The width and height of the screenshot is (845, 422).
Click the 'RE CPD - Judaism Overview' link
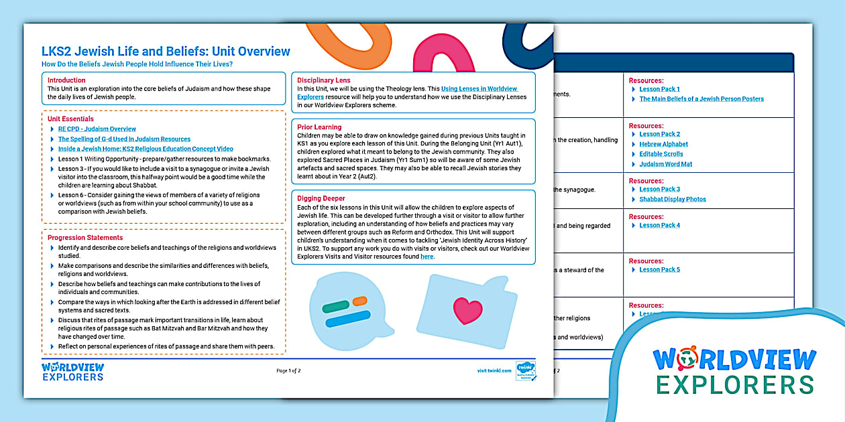pyautogui.click(x=97, y=129)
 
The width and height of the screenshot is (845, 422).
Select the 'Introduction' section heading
pyautogui.click(x=66, y=80)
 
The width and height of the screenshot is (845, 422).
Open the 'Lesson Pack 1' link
pyautogui.click(x=659, y=89)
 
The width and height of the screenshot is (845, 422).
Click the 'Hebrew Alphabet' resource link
pyautogui.click(x=663, y=144)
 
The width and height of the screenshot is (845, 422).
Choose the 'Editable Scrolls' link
pyautogui.click(x=661, y=154)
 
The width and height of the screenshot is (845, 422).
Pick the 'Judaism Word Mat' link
pyautogui.click(x=665, y=164)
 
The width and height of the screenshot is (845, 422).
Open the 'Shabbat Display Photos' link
pyautogui.click(x=672, y=199)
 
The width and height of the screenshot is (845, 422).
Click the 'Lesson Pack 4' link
pyautogui.click(x=659, y=226)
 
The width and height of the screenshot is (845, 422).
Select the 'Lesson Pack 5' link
pyautogui.click(x=659, y=270)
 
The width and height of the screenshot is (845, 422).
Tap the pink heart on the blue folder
pyautogui.click(x=467, y=310)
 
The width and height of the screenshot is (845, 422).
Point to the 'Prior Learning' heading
pyautogui.click(x=319, y=127)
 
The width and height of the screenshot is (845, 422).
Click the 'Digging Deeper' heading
pyautogui.click(x=321, y=198)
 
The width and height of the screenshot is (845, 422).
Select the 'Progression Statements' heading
pyautogui.click(x=85, y=238)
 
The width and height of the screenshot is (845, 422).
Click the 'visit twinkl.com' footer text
pyautogui.click(x=494, y=370)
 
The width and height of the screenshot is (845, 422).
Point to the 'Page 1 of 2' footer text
pyautogui.click(x=288, y=370)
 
